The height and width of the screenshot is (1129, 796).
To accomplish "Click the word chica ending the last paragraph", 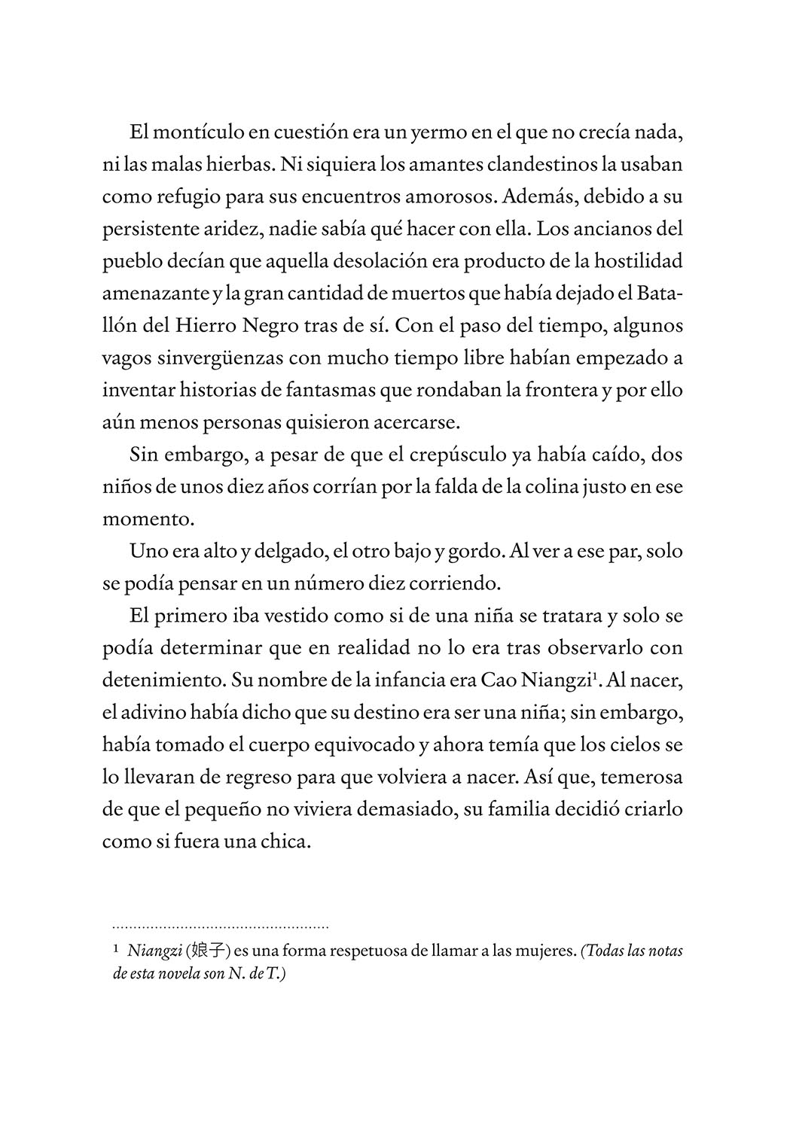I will pyautogui.click(x=288, y=842).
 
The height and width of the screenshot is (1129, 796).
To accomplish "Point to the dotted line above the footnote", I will pyautogui.click(x=221, y=927).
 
